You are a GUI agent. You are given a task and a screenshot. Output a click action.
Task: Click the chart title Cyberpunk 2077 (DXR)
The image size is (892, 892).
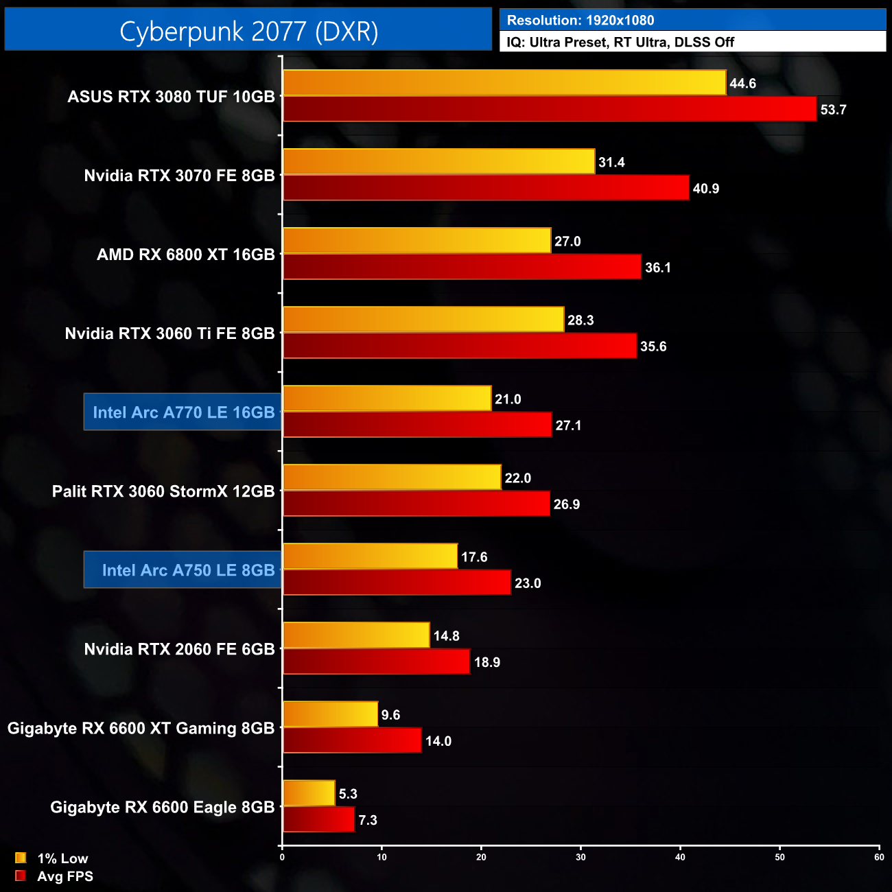[x=248, y=32]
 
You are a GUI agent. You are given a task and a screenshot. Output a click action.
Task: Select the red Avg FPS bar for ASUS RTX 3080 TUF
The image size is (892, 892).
[x=549, y=109]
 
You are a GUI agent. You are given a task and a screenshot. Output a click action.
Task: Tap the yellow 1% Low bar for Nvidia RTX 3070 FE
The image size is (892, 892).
[x=438, y=162]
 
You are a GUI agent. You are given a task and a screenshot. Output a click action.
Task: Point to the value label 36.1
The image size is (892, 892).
[x=657, y=268]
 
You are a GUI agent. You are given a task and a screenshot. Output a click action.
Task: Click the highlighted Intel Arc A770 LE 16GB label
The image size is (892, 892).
[x=183, y=412]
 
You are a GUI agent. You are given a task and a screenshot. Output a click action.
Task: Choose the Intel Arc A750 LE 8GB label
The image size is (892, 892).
[x=183, y=570]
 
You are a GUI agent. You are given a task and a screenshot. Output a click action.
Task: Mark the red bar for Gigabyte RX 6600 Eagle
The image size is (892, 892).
[x=318, y=820]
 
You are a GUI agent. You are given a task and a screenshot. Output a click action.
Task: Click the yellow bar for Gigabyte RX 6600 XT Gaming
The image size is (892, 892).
[x=330, y=714]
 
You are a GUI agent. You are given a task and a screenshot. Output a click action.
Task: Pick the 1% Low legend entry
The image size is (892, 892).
[x=62, y=858]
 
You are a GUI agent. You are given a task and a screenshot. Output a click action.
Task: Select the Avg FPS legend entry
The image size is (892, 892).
[x=64, y=876]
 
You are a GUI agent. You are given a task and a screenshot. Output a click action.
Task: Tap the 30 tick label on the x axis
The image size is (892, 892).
[x=580, y=857]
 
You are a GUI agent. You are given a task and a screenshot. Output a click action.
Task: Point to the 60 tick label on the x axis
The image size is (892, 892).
[x=879, y=857]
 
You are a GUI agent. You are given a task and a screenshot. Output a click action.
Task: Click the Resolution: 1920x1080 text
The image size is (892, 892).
[x=580, y=21]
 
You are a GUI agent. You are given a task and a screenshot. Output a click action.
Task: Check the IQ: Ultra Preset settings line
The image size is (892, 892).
[x=620, y=43]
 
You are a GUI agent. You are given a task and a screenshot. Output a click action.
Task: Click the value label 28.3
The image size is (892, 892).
[x=580, y=320]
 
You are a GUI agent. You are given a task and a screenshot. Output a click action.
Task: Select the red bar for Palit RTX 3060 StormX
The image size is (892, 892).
[x=416, y=504]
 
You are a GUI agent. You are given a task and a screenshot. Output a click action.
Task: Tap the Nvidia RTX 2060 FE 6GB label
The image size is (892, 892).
[x=179, y=649]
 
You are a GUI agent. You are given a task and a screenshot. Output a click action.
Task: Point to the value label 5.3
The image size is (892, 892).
[x=348, y=794]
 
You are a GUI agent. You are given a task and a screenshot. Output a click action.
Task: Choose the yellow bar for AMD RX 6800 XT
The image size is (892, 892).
[x=416, y=241]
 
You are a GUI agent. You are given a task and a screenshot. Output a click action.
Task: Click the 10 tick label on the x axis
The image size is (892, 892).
[x=382, y=857]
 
